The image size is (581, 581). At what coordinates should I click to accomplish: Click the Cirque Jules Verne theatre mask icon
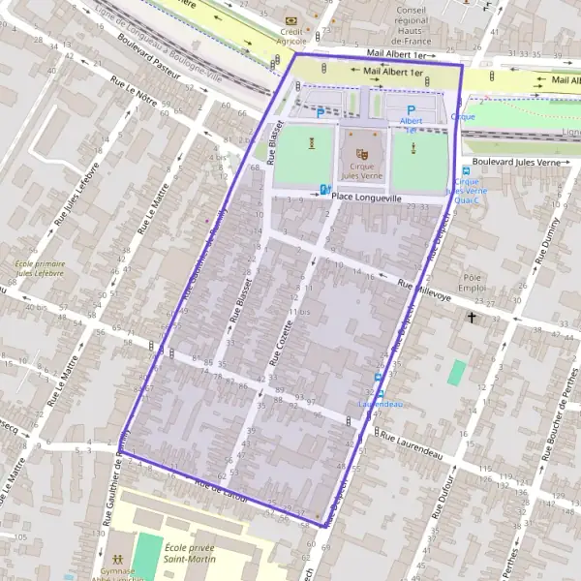362,152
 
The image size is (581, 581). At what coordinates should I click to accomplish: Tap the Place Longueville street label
366,197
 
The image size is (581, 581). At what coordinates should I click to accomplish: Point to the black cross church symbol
473,317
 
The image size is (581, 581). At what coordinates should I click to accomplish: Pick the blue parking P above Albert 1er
412,110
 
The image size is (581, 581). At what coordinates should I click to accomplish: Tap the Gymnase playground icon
116,560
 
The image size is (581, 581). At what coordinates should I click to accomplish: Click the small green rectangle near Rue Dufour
456,373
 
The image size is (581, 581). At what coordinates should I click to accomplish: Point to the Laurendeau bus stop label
380,403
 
